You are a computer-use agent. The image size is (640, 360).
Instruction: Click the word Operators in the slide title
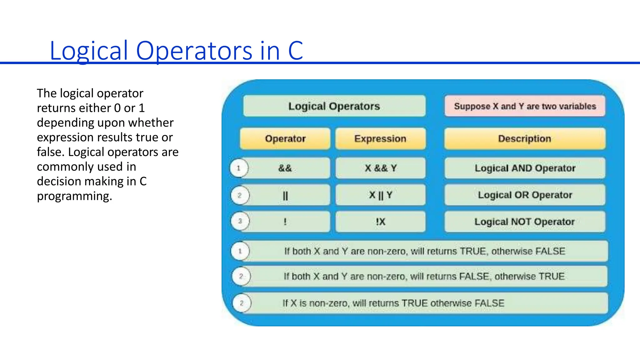pyautogui.click(x=194, y=51)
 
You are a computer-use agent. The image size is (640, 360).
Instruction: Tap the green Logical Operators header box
pyautogui.click(x=334, y=106)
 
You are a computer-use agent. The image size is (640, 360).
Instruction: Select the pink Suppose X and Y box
pyautogui.click(x=525, y=106)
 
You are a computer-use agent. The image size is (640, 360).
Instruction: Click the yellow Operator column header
pyautogui.click(x=285, y=138)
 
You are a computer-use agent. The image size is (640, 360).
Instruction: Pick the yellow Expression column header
pyautogui.click(x=380, y=138)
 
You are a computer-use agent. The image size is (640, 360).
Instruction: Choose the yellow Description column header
pyautogui.click(x=525, y=138)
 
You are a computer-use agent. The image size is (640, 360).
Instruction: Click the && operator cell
pyautogui.click(x=285, y=168)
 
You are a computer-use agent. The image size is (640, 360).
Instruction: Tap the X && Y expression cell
pyautogui.click(x=380, y=168)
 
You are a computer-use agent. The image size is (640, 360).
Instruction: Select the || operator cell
pyautogui.click(x=285, y=195)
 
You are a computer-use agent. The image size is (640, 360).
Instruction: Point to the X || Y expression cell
pyautogui.click(x=380, y=195)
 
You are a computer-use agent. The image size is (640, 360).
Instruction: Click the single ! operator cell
pyautogui.click(x=285, y=222)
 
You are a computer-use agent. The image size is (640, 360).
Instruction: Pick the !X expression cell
pyautogui.click(x=380, y=222)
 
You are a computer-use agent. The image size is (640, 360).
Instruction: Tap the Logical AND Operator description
pyautogui.click(x=525, y=168)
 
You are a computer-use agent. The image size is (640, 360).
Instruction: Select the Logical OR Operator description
pyautogui.click(x=525, y=195)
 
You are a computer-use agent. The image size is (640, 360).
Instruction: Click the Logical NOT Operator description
pyautogui.click(x=525, y=222)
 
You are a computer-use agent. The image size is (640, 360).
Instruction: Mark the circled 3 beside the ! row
pyautogui.click(x=240, y=221)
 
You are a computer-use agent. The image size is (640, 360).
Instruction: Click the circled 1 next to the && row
pyautogui.click(x=239, y=168)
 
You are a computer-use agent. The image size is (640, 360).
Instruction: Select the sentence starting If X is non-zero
pyautogui.click(x=393, y=303)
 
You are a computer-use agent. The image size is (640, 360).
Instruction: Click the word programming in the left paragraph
pyautogui.click(x=74, y=196)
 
